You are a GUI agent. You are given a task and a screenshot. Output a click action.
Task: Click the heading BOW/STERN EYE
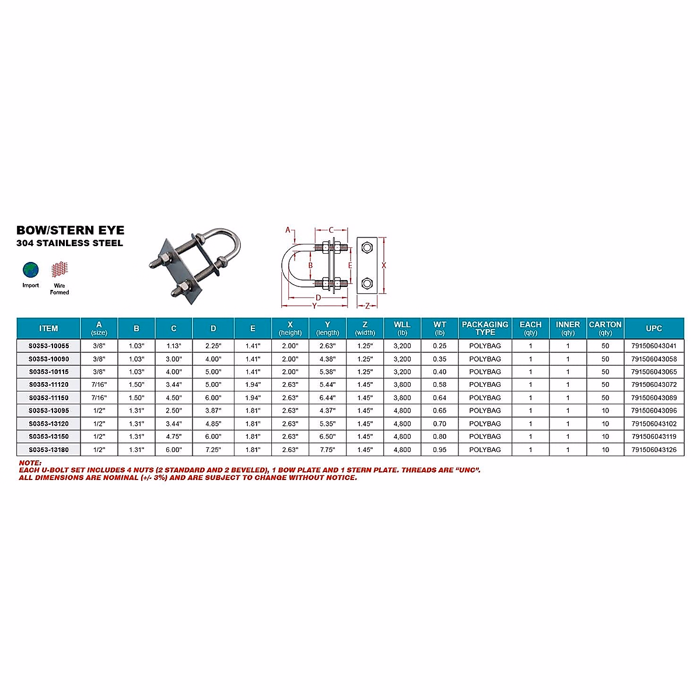pos(71,230)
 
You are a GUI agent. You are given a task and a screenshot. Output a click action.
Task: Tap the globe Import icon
pos(30,270)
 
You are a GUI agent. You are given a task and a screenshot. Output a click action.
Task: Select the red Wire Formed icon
pos(59,270)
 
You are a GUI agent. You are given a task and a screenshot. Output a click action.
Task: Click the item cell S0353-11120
pos(48,385)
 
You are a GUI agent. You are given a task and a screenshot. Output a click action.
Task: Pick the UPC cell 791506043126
pos(654,450)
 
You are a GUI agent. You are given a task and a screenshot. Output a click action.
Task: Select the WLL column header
pos(402,328)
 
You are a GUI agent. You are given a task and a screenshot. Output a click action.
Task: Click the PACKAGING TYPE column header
pos(485,328)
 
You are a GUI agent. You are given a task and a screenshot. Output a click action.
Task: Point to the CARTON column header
pos(605,328)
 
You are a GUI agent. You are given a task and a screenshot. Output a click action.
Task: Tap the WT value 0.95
pos(439,450)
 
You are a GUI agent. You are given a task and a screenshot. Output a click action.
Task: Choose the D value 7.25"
pos(213,450)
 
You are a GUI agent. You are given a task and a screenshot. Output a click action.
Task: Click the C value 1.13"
pos(173,346)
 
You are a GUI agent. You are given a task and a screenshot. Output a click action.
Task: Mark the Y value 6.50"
pos(327,437)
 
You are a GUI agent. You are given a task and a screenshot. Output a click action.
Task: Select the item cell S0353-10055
pos(48,346)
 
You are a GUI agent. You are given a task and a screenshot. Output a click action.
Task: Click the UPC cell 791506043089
pos(654,398)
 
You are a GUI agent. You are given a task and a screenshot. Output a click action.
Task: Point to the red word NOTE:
pos(30,463)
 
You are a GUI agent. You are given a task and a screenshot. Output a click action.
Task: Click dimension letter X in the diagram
pos(384,265)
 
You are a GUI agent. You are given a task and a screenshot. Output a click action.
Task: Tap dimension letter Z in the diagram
pos(367,306)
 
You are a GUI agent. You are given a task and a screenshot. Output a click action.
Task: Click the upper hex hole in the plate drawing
pos(367,247)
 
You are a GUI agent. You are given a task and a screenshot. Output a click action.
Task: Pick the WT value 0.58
pos(439,385)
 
